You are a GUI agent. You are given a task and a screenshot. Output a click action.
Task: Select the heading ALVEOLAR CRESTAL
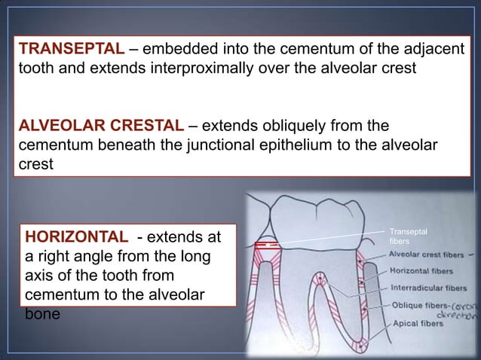coord(100,124)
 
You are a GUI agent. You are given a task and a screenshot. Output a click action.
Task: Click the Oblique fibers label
coord(418,306)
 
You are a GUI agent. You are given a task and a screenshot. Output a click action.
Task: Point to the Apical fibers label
coord(415,324)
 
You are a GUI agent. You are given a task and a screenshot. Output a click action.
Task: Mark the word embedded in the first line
coord(176,50)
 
